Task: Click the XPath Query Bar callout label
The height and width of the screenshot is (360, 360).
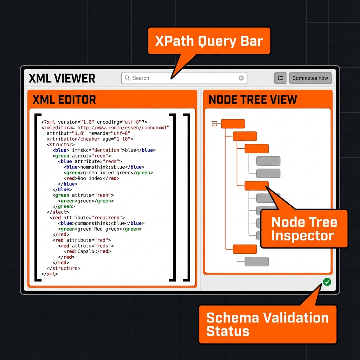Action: point(209,41)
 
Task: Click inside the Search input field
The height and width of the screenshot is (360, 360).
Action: point(183,78)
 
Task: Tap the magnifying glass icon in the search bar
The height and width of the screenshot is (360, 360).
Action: point(127,78)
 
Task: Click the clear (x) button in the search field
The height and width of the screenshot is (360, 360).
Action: point(241,78)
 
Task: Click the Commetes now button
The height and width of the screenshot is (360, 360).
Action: point(310,78)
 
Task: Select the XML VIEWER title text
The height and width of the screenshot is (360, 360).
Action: point(62,78)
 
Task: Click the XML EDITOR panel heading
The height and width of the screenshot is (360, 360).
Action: point(64,99)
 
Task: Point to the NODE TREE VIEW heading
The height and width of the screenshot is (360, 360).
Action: point(253,99)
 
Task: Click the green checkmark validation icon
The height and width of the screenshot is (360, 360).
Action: point(327,282)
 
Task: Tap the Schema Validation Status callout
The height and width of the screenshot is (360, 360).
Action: point(267,324)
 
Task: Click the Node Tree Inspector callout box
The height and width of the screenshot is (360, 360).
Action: point(304,229)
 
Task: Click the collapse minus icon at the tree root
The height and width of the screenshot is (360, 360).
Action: point(214,123)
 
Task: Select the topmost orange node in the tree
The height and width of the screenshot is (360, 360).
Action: point(233,123)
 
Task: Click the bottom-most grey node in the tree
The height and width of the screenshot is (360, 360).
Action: point(256,262)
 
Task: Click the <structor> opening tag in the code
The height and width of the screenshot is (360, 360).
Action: point(61,144)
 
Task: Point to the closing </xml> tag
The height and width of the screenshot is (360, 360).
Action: point(50,274)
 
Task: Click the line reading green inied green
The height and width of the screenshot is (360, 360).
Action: point(108,173)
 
